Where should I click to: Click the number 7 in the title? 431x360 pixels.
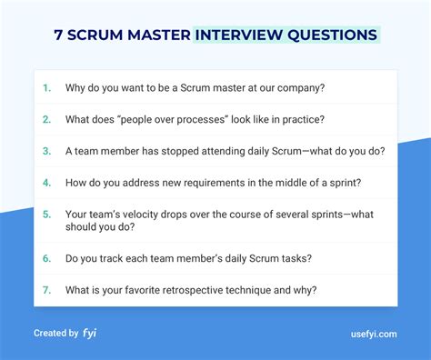[58, 35]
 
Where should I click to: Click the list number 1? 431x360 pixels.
[46, 88]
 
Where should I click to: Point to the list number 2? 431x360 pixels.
[46, 120]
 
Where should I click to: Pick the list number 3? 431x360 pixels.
[46, 151]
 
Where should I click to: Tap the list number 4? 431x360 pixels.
[46, 183]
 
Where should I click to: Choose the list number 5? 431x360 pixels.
[46, 215]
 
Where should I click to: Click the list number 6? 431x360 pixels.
[46, 258]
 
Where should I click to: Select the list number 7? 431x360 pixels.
[46, 290]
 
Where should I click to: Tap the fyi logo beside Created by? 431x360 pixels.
[89, 333]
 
